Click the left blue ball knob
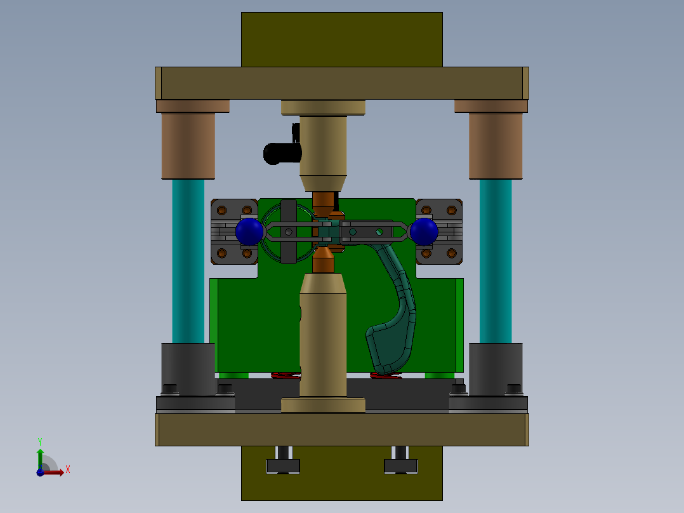(249, 232)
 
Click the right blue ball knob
(424, 232)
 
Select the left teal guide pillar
(188, 260)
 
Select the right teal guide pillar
(496, 260)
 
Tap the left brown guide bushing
(188, 145)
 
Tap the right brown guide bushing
(496, 145)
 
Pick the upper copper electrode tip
(324, 204)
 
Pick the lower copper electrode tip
(324, 260)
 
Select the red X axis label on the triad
(68, 470)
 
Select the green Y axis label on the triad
(40, 441)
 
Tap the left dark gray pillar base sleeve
(188, 368)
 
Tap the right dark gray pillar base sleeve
(496, 368)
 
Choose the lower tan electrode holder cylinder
(324, 336)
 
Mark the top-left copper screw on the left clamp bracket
(221, 210)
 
